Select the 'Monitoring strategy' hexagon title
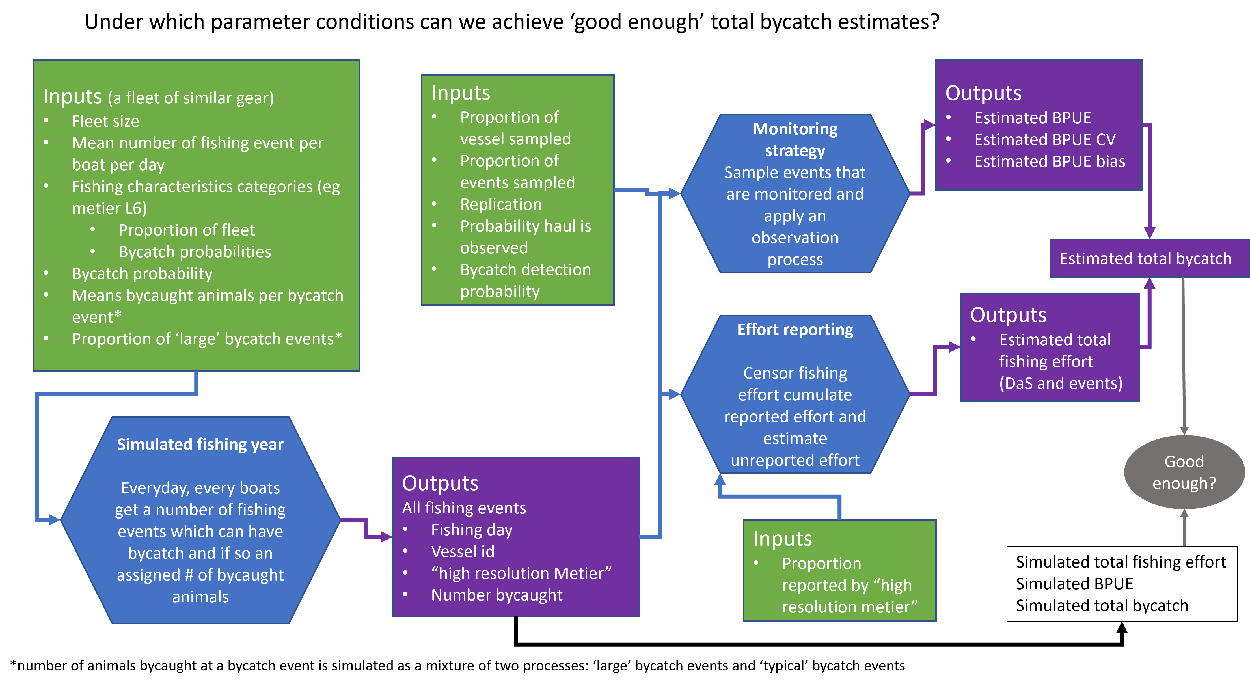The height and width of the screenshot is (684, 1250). (795, 140)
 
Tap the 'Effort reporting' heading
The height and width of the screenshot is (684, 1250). (795, 330)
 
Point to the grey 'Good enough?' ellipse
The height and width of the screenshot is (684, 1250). (1184, 472)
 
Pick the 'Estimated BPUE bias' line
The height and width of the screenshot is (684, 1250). (1049, 162)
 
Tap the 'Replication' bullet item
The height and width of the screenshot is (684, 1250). (500, 204)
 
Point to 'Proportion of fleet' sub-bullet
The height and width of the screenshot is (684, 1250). (186, 230)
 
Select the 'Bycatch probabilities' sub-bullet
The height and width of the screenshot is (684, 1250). (195, 252)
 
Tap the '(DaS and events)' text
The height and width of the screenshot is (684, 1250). (1061, 383)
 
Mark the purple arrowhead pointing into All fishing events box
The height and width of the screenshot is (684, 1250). (386, 537)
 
